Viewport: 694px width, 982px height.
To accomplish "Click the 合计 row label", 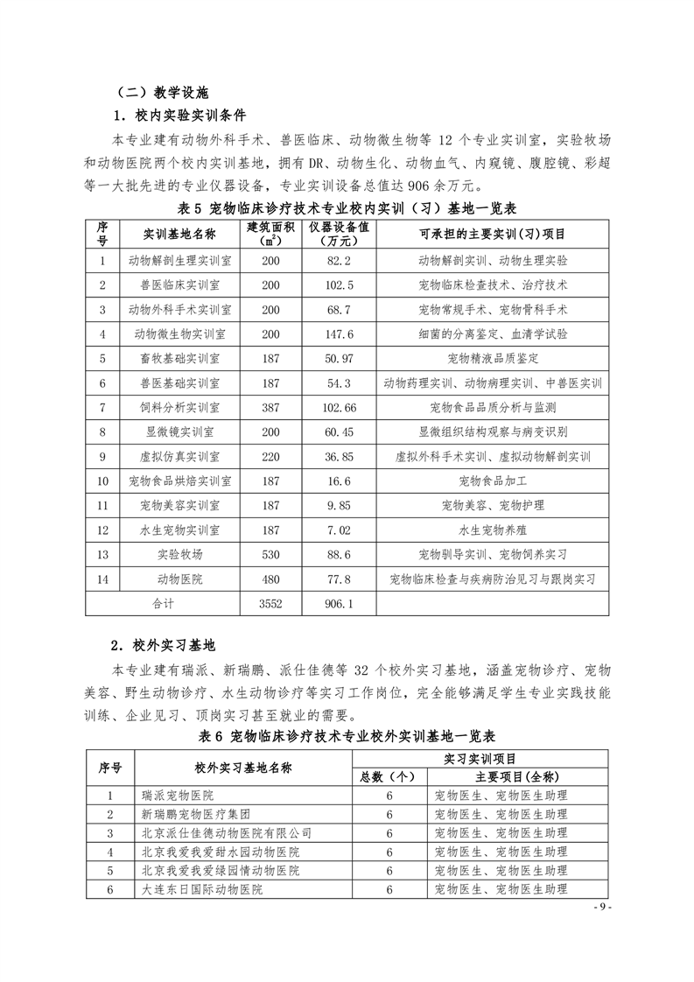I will [163, 603].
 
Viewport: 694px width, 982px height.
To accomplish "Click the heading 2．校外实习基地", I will [163, 645].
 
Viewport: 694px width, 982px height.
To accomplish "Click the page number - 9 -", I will [602, 907].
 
